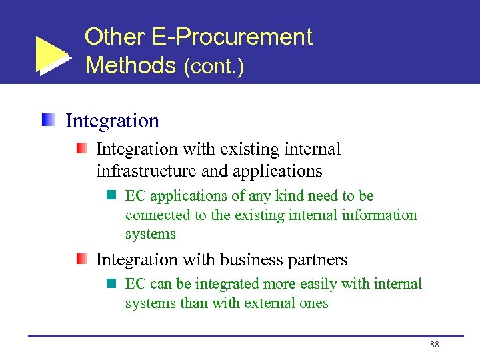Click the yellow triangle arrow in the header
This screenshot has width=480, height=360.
point(51,55)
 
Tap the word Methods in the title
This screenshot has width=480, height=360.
point(130,65)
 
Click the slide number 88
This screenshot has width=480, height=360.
point(435,344)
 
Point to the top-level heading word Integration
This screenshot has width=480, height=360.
point(112,121)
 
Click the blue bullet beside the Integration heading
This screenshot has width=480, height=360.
point(48,121)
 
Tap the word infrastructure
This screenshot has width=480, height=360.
point(146,171)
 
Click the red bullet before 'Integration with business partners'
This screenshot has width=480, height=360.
point(81,259)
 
